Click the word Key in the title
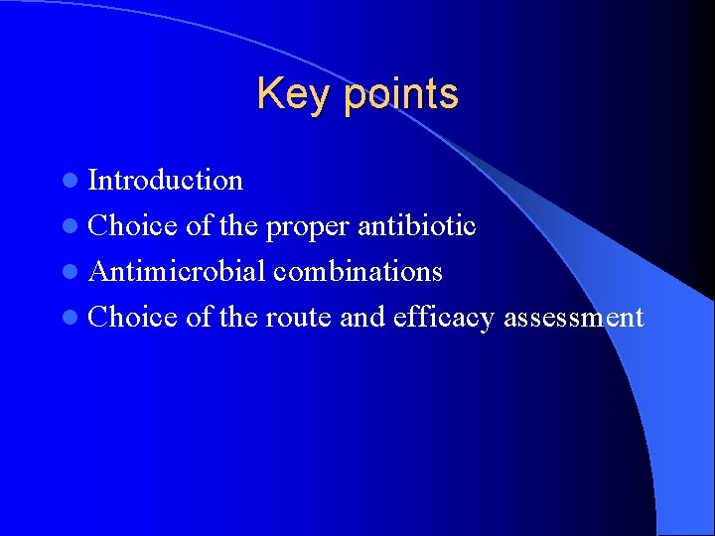(284, 95)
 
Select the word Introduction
(166, 180)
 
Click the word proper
(308, 227)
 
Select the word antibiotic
(417, 225)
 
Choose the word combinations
(358, 271)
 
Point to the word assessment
(575, 318)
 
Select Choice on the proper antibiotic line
(133, 225)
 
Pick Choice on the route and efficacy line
(133, 317)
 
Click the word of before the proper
(199, 225)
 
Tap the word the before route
(238, 317)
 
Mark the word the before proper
(238, 225)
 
